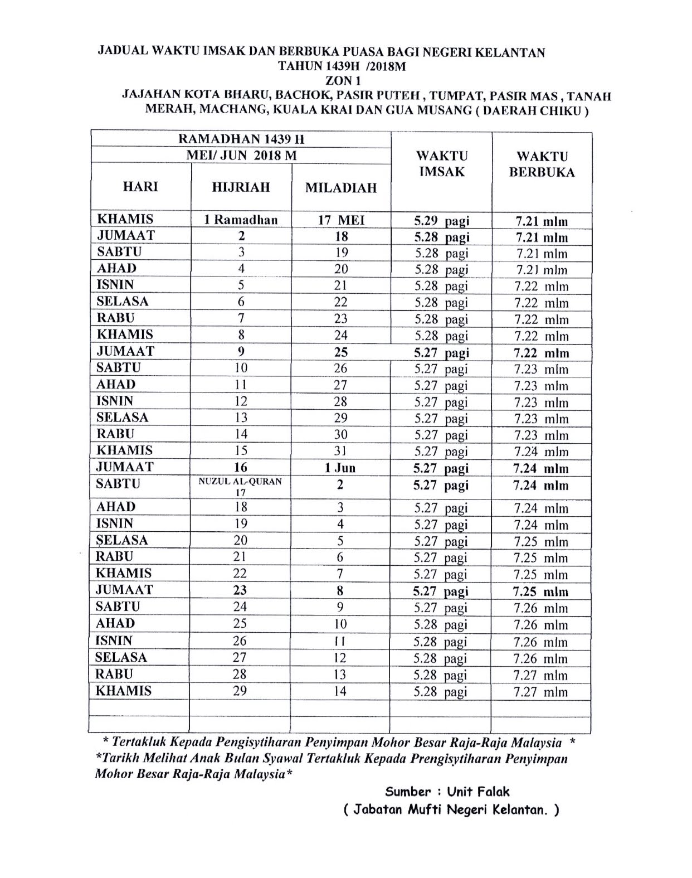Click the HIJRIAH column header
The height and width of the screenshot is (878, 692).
pos(241,187)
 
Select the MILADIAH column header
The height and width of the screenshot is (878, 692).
pos(340,188)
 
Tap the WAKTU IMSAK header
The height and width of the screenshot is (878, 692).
pos(441,163)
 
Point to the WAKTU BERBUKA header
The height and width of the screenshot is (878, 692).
pos(541,164)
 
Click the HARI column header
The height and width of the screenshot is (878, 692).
pos(140,186)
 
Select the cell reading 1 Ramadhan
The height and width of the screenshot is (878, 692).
pos(241,220)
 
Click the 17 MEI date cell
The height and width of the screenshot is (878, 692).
pos(341,220)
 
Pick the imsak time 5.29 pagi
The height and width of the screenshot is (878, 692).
pos(441,221)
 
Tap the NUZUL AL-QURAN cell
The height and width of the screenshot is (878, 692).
pos(240,481)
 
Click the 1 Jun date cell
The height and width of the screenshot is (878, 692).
pos(340,468)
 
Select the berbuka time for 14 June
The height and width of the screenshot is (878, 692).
pos(540,692)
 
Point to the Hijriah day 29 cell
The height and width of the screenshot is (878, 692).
pos(240,691)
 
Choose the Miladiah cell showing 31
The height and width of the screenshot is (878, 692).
pos(340,451)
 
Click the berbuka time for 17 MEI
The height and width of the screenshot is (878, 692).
pos(541,221)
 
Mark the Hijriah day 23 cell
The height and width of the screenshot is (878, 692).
pos(240,590)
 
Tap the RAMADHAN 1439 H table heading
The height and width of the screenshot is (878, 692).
pos(241,139)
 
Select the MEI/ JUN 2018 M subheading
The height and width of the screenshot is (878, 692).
pos(241,155)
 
